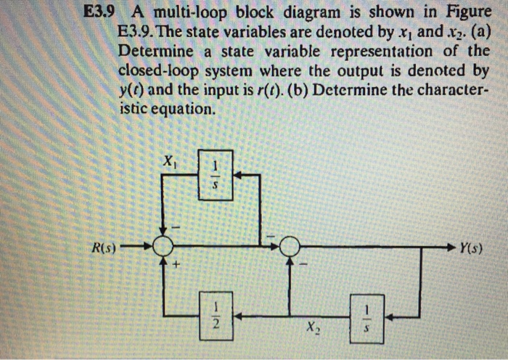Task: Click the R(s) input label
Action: (103, 248)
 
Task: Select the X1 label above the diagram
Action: (169, 161)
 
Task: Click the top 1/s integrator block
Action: (216, 175)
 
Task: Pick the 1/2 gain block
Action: (216, 316)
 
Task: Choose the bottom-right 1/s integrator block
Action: (367, 319)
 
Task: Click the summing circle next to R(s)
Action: (163, 247)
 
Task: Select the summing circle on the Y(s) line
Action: (290, 247)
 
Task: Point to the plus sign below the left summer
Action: (176, 264)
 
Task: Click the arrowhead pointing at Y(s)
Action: (451, 247)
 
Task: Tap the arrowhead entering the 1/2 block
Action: (238, 316)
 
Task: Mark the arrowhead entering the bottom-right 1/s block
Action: (389, 317)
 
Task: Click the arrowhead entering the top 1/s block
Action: (238, 176)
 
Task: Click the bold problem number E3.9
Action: (99, 12)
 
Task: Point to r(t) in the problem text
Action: (269, 91)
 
